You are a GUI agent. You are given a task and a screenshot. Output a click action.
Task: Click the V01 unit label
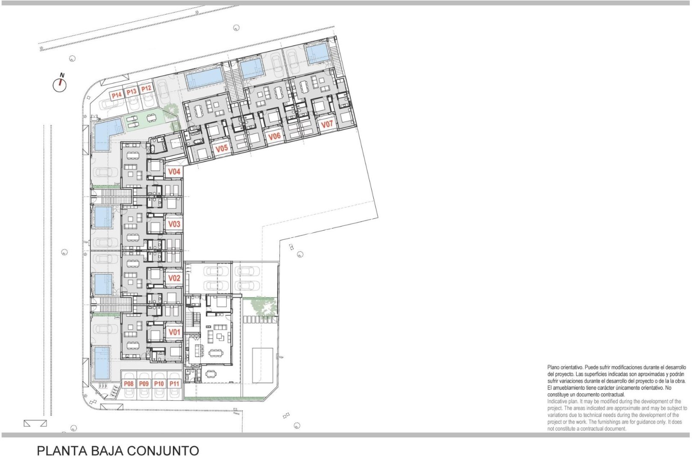[174, 332]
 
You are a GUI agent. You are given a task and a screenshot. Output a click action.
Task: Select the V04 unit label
[174, 172]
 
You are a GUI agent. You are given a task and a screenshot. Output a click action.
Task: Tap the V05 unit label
[221, 149]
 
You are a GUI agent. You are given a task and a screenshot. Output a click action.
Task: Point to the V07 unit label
[327, 124]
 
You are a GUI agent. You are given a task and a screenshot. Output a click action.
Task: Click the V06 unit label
[274, 136]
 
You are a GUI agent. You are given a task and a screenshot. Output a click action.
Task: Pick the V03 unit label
[174, 224]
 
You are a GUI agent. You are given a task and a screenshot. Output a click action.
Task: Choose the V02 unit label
[174, 278]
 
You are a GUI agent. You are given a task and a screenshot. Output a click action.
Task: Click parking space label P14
[117, 95]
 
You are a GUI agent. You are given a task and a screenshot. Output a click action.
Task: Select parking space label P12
[146, 89]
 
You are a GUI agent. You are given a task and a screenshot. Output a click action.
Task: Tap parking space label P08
[129, 384]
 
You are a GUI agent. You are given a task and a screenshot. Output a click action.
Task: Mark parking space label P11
[174, 384]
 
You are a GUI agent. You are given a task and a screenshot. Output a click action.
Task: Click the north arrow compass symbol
[60, 84]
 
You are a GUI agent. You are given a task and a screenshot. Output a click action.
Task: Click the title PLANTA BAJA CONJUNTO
[118, 451]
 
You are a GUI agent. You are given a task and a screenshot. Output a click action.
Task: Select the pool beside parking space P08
[102, 363]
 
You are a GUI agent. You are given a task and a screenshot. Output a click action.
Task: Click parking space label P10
[159, 384]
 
